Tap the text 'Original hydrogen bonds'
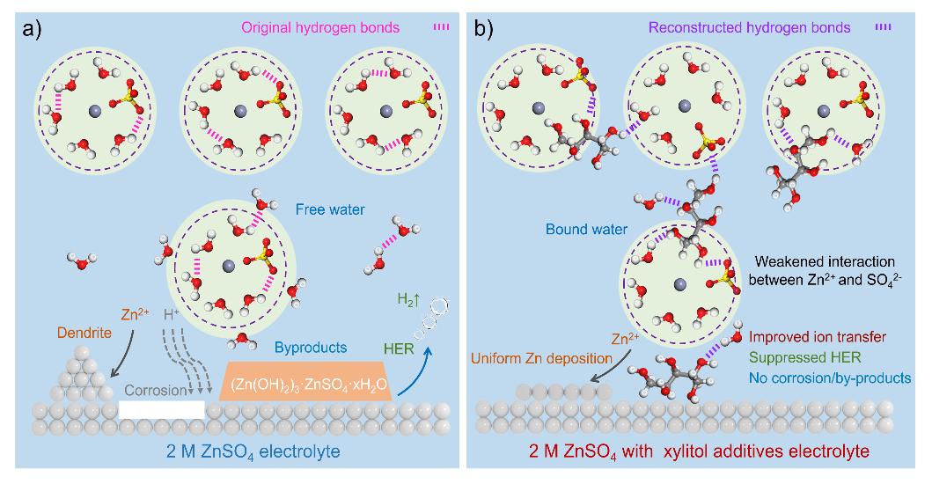click(330, 27)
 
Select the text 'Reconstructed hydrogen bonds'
click(751, 27)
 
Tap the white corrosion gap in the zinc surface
click(162, 409)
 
